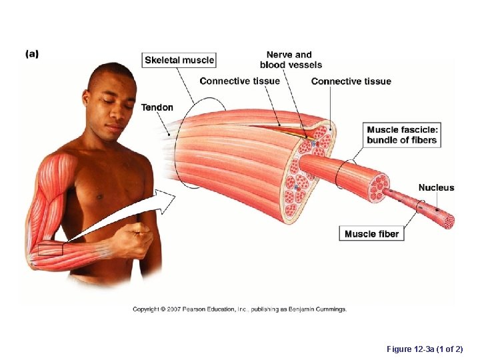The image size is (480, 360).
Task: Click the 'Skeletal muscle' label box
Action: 179,60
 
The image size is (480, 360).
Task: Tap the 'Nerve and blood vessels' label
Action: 291,60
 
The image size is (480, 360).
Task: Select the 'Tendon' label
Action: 157,107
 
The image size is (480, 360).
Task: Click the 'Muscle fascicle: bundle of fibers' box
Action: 402,135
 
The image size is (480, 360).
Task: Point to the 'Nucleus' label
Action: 436,187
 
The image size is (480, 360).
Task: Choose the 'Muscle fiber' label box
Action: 371,234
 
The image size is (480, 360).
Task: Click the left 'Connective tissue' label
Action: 240,81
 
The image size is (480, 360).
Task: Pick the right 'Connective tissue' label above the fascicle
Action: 351,81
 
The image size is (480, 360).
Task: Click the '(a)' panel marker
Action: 32,54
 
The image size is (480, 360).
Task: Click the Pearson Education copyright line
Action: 239,309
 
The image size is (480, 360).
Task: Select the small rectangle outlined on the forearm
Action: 50,249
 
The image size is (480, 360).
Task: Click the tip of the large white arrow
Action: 175,195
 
